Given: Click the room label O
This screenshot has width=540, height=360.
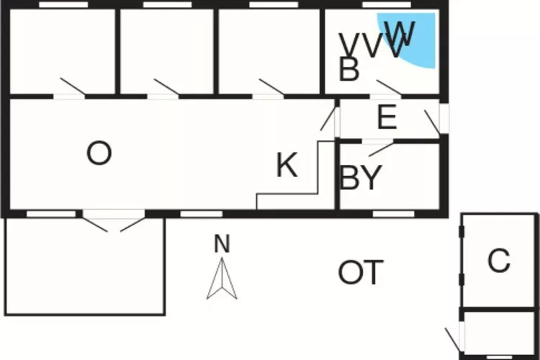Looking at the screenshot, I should coord(99,153).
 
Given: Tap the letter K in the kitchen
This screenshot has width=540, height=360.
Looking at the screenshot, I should coord(287,166).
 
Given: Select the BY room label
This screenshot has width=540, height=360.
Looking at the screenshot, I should coord(360,179).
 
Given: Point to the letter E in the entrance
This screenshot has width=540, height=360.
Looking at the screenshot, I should coord(387,118).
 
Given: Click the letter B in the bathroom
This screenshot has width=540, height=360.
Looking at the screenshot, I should coord(349,70).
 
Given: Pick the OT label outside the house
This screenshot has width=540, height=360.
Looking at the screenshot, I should coord(361,273).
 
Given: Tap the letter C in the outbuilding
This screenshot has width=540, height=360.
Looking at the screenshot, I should coord(498,261).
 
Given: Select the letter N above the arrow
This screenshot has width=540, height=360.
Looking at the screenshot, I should coord(222,244).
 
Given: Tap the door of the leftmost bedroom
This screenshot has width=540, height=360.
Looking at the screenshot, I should coord(72,87).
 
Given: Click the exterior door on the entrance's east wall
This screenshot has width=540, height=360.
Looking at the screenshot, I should coord(434,120).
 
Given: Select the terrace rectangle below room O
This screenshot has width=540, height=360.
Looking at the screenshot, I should coord(85,266).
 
